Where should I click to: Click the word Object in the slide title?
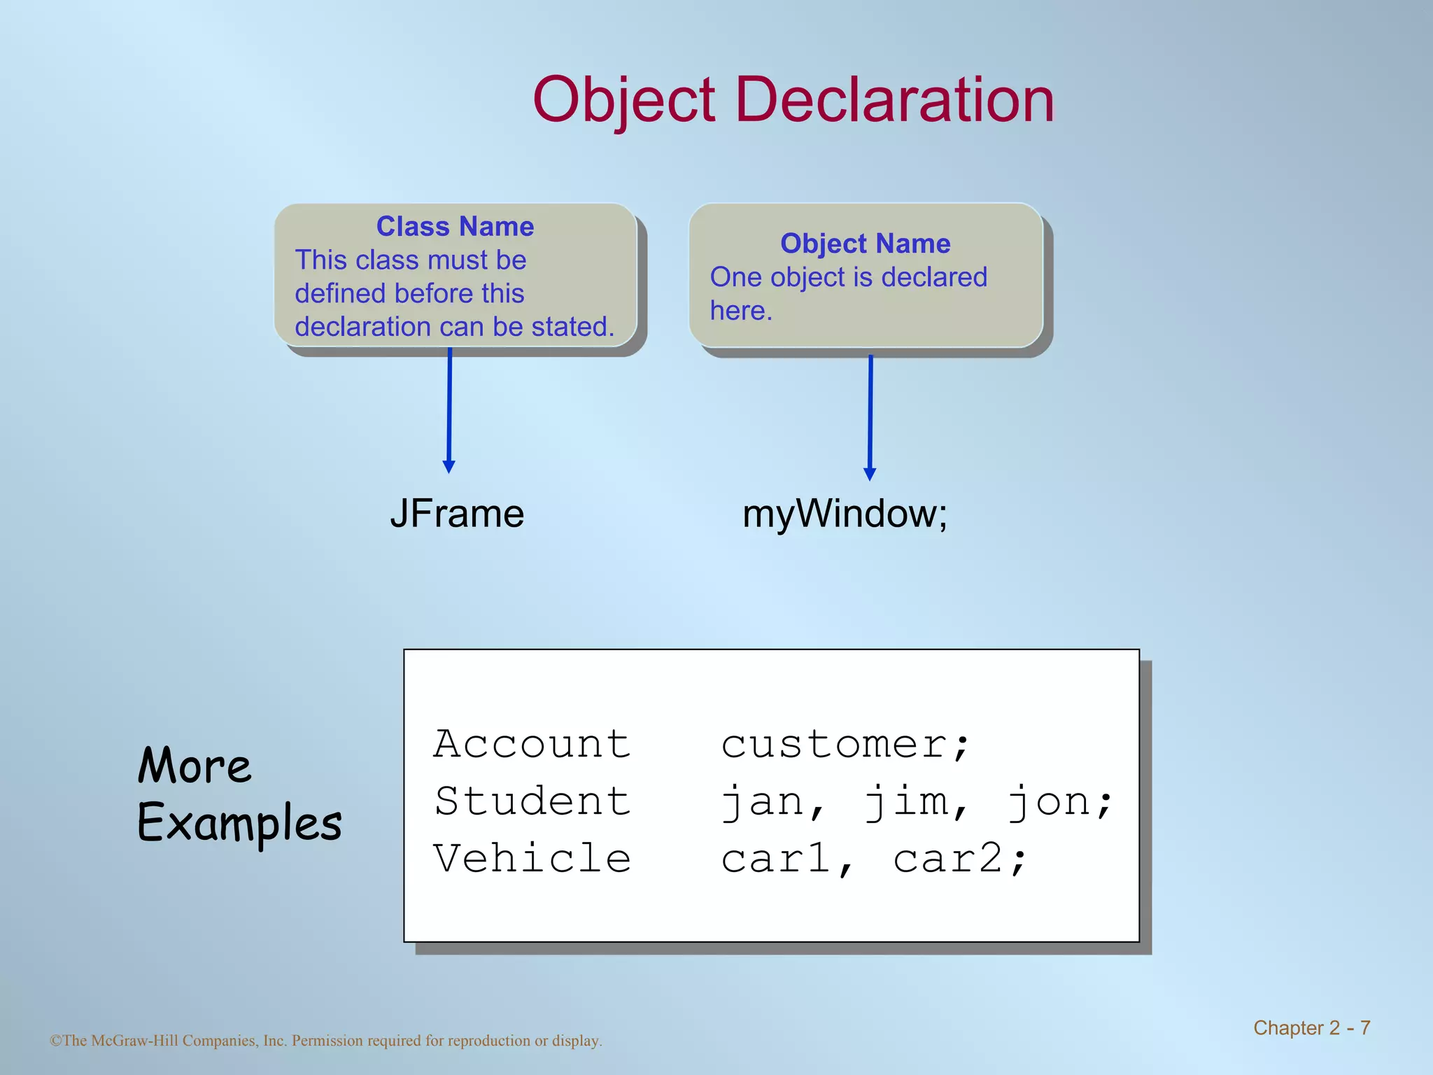pyautogui.click(x=624, y=101)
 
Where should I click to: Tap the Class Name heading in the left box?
pyautogui.click(x=455, y=227)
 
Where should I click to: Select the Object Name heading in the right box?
pyautogui.click(x=866, y=244)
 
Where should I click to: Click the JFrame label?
pyautogui.click(x=457, y=514)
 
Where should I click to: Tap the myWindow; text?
pyautogui.click(x=845, y=514)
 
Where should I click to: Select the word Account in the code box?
pyautogui.click(x=532, y=743)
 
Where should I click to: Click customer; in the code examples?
pyautogui.click(x=845, y=743)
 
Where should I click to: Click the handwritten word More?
pyautogui.click(x=194, y=766)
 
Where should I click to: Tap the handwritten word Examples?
pyautogui.click(x=239, y=823)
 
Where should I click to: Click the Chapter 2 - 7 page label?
pyautogui.click(x=1311, y=1027)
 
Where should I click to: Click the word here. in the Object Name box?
pyautogui.click(x=741, y=311)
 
